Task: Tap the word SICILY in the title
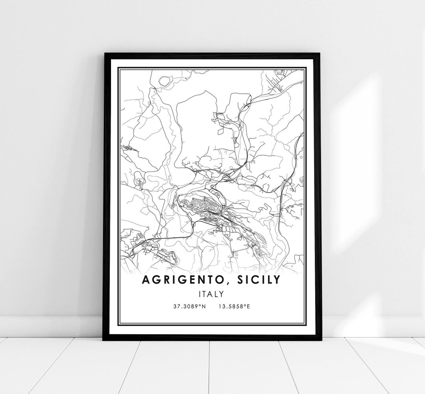point(259,280)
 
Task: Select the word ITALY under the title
point(212,294)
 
